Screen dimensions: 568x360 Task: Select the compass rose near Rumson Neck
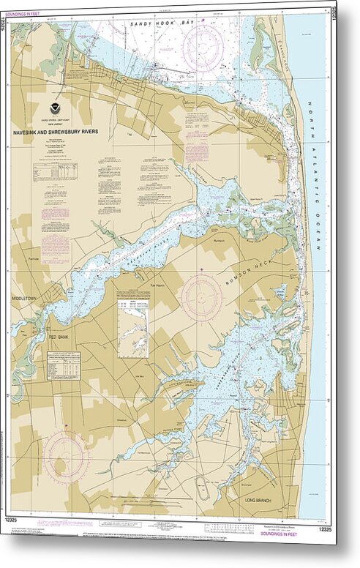pos(200,298)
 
